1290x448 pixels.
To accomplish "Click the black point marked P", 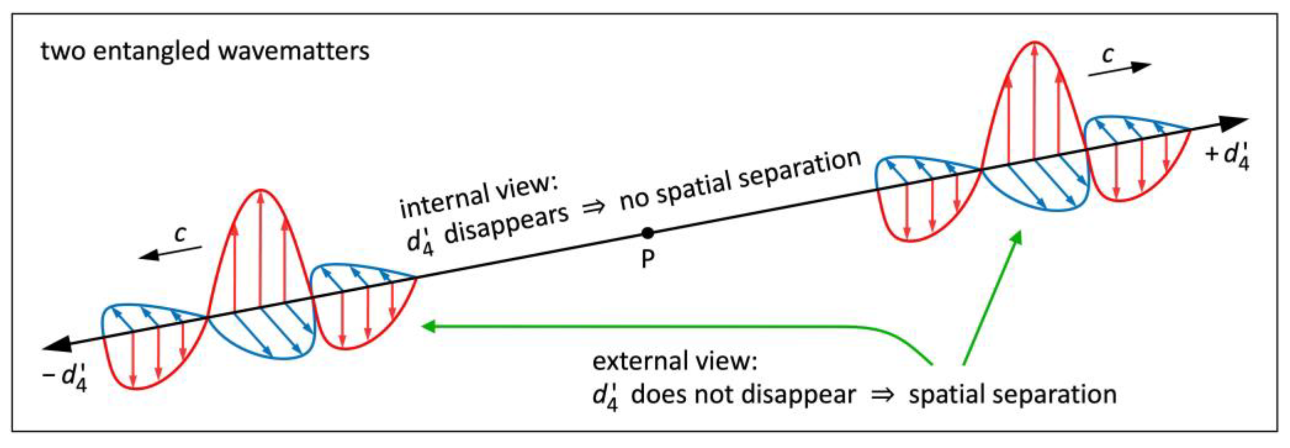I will pos(648,233).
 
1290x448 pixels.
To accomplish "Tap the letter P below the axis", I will pos(648,259).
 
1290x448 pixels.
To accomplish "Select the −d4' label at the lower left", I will pos(66,377).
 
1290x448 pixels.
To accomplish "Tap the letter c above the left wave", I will pos(180,233).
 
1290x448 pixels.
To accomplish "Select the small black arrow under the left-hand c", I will pos(170,252).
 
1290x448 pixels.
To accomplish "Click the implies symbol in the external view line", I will pos(882,395).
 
